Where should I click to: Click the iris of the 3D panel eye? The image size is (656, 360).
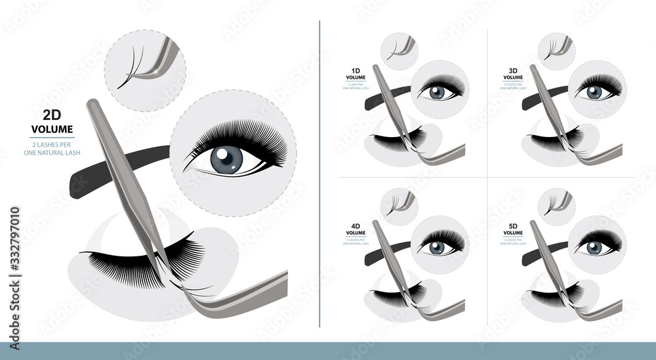(594, 92)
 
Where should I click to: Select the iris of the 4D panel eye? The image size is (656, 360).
(436, 247)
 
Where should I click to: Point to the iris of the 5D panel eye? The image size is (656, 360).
(594, 247)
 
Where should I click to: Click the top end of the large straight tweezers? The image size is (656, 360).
(91, 104)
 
